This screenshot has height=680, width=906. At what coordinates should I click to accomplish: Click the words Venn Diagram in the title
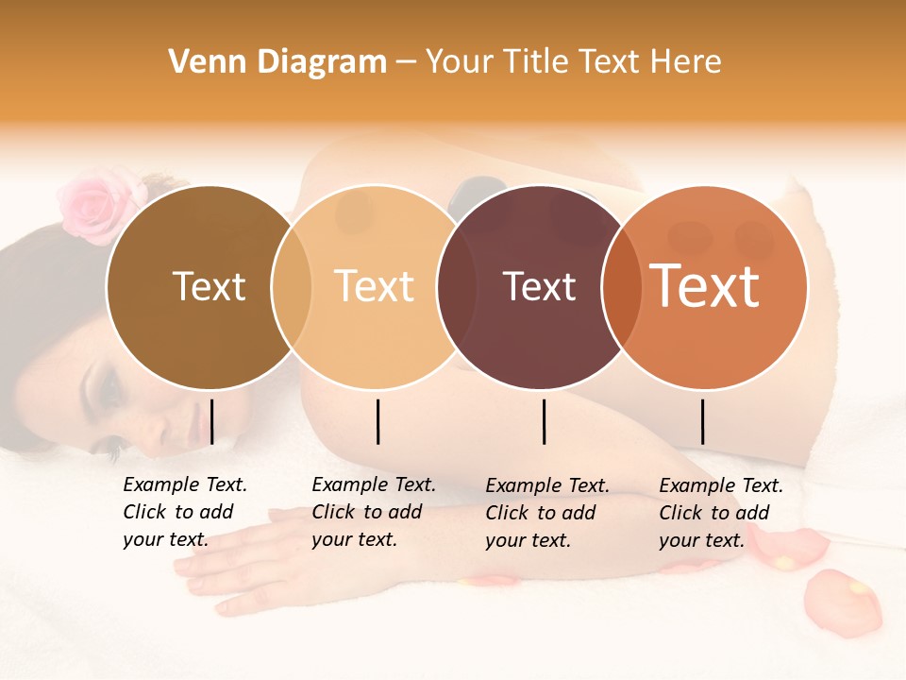coord(277,62)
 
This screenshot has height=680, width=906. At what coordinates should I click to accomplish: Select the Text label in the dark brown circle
coord(209,286)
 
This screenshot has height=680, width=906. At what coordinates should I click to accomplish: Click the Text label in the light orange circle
coord(375,286)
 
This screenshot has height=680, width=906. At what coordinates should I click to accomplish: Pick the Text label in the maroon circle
coord(540,286)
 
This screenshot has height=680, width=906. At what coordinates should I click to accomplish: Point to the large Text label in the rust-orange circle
coord(705,285)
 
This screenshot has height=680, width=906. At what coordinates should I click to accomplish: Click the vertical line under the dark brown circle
coord(211,421)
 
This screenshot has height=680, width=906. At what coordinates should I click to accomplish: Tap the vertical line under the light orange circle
coord(377,421)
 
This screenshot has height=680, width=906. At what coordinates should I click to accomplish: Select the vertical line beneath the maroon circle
coord(544,421)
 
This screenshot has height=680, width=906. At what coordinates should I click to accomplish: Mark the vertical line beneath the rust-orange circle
coord(702,421)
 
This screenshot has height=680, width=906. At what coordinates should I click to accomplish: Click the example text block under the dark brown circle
coord(185,512)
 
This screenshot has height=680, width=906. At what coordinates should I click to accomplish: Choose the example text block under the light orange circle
coord(374,512)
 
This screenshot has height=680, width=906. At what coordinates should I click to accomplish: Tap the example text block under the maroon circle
coord(547,513)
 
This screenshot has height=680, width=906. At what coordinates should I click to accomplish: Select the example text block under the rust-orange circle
coord(721,513)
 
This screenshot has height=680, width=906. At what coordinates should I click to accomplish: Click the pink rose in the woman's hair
coord(94,200)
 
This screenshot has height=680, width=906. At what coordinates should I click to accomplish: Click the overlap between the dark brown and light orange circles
coord(292,286)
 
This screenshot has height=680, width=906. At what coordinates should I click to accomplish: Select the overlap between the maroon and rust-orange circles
coord(621,286)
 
